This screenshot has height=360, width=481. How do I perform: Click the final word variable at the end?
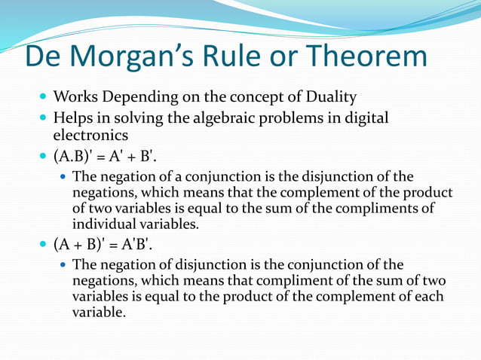tap(98, 312)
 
